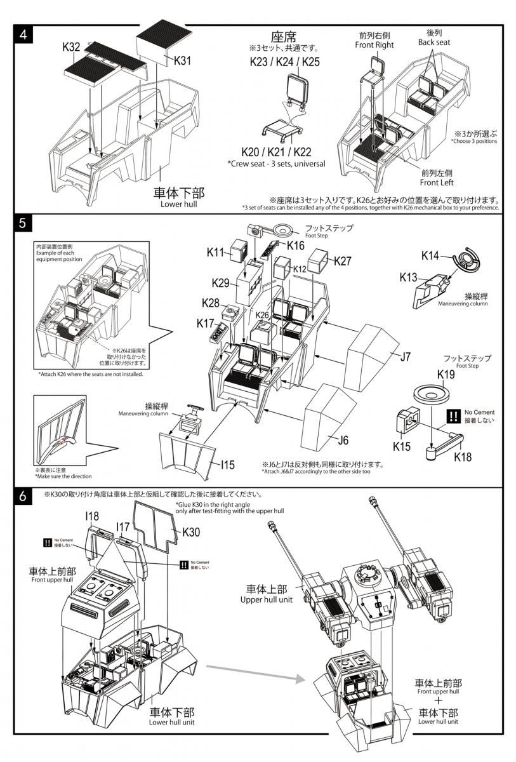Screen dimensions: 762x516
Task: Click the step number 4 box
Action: coord(23,34)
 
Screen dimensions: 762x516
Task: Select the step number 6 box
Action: coord(23,497)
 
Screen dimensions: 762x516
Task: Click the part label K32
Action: coord(71,46)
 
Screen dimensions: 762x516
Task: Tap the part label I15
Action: coord(228,465)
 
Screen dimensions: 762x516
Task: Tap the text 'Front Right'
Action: coord(374,45)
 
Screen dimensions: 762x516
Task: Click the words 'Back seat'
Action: coord(434,42)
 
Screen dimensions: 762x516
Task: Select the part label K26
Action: coord(262,314)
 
